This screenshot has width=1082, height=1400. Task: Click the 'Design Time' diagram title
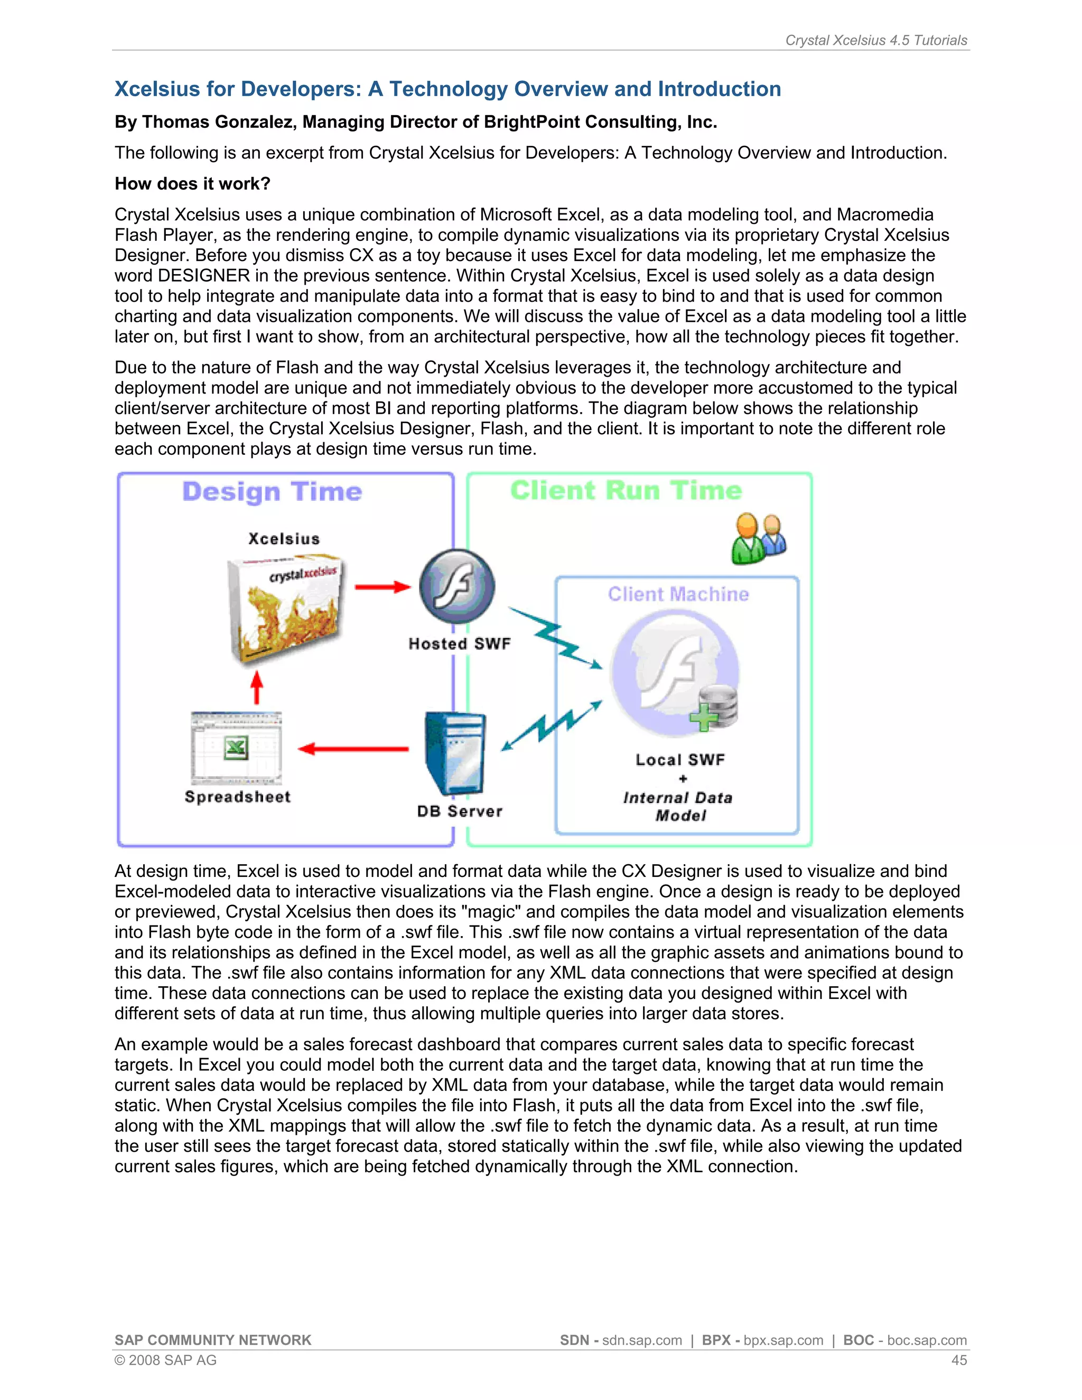273,492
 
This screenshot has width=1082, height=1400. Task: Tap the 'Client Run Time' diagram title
626,490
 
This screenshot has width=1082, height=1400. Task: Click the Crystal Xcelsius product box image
286,609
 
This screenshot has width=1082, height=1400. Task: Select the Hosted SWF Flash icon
456,586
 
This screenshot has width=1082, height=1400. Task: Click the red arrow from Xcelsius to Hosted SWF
382,586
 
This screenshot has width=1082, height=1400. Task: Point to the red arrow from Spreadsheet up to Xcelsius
256,688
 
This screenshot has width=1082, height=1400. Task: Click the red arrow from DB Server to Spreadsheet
353,749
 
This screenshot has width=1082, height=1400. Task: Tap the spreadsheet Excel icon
236,748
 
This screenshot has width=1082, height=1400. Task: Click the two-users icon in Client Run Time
759,538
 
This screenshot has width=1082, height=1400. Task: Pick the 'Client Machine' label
678,594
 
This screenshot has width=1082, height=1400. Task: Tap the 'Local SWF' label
680,760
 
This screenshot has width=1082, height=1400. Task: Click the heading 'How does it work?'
192,184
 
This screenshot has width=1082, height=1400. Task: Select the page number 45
959,1360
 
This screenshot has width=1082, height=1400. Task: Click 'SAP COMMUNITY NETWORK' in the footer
213,1340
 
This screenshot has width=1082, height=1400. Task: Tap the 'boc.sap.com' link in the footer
927,1340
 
